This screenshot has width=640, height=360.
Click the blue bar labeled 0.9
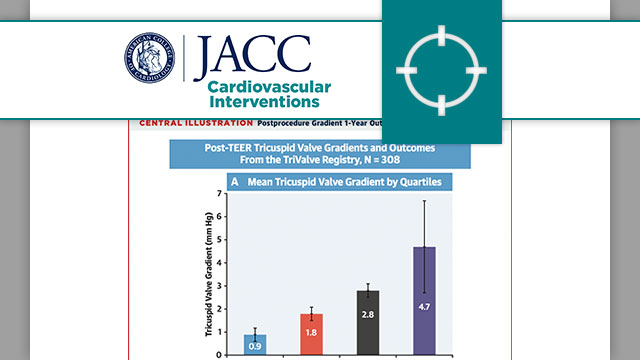pos(255,344)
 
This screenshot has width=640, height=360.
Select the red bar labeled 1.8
pos(311,334)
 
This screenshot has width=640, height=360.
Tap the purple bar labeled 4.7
pos(424,300)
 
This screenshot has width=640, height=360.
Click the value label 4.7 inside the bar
pos(424,297)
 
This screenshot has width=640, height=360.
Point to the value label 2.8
pos(368,313)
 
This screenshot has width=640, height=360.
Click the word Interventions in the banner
pos(264,102)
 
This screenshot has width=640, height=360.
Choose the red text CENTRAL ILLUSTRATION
pos(195,125)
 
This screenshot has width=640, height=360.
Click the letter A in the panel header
pos(235,182)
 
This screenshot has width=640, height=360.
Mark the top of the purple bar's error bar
pos(424,201)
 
